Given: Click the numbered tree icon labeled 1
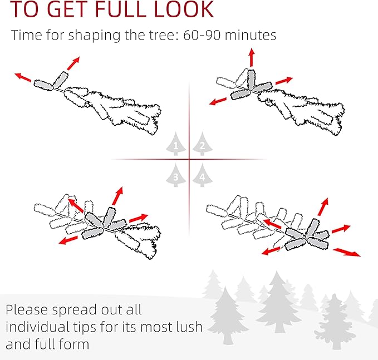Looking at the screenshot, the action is (176, 144).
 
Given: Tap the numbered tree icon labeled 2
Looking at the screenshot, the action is (203, 144).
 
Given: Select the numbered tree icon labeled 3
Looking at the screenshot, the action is (176, 175).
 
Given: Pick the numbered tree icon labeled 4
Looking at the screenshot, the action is (203, 175).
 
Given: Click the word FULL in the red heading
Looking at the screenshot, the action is (120, 9).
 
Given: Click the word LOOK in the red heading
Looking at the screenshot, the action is (184, 9).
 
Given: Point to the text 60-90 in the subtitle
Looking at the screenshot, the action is (202, 35).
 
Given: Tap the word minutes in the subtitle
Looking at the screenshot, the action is (251, 35).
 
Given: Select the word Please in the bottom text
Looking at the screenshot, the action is (27, 310).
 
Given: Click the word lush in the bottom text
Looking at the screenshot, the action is (189, 327).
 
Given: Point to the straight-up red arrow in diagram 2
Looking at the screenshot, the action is (252, 57).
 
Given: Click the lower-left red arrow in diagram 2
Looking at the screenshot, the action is (218, 101).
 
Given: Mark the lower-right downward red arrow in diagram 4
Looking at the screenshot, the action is (347, 252).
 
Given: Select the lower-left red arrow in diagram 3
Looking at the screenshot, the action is (68, 240).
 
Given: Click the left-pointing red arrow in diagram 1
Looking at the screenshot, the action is (23, 77).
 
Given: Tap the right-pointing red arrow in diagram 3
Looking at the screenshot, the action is (139, 218).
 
